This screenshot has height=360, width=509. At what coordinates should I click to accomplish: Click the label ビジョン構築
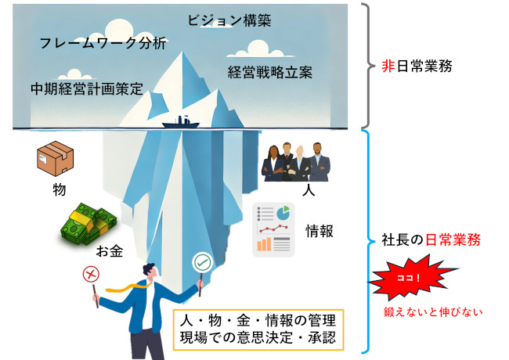(229, 20)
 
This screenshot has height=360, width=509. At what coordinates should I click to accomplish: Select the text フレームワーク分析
(103, 43)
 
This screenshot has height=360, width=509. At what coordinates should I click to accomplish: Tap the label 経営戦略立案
(269, 72)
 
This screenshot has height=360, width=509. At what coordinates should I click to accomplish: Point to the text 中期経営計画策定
(87, 89)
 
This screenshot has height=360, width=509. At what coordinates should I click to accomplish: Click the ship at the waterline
(181, 123)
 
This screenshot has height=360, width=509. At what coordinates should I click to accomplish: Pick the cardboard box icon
(56, 159)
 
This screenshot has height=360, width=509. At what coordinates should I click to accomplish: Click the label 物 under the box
(60, 189)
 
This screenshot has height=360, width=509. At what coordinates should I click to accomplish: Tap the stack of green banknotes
(89, 224)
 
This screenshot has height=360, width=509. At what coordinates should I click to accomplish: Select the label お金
(110, 251)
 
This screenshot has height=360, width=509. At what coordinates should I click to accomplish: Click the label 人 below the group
(309, 189)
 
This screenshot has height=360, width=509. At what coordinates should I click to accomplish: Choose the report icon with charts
(273, 230)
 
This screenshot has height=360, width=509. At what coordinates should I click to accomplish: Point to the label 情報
(319, 231)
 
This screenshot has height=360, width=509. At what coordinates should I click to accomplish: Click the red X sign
(91, 275)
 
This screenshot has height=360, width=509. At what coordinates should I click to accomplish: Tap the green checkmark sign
(203, 262)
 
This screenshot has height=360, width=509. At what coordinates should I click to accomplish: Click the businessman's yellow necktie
(129, 287)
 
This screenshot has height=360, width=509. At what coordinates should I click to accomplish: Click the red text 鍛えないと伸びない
(433, 312)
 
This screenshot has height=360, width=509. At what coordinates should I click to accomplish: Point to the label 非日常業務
(417, 67)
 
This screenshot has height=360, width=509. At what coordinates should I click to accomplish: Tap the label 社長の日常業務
(431, 240)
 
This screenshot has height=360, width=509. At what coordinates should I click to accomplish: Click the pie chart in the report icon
(283, 213)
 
